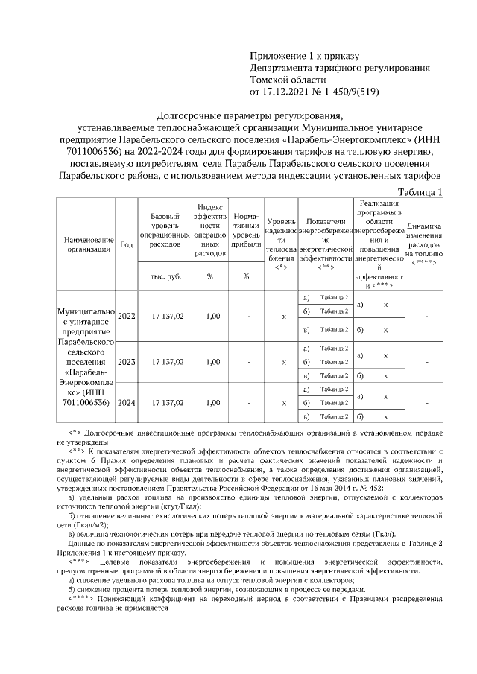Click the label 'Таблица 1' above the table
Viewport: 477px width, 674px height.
(x=422, y=192)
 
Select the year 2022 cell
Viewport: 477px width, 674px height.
(x=127, y=316)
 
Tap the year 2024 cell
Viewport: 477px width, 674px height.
(x=127, y=403)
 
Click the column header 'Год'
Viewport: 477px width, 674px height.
(x=127, y=245)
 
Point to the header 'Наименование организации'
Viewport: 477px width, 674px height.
(x=88, y=245)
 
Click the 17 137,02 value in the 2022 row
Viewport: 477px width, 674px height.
(x=166, y=316)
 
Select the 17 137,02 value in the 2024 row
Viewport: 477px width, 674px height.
(x=166, y=403)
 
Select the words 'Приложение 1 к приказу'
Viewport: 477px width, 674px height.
(x=304, y=56)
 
